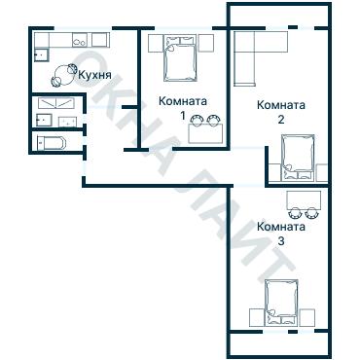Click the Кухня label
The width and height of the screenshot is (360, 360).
click(95, 75)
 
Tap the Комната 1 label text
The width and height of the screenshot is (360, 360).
click(183, 108)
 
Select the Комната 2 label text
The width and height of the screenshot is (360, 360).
click(281, 112)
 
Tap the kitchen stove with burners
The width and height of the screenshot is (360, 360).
click(80, 40)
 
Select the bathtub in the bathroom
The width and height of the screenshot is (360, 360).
click(52, 143)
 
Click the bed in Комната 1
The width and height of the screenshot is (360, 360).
click(180, 58)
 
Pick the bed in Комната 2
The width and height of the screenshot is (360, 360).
click(298, 157)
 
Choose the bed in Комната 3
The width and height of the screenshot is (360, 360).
click(281, 303)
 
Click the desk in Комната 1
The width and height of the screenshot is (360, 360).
click(205, 133)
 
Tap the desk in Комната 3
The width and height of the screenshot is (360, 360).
click(304, 200)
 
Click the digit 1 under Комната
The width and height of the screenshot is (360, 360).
click(183, 116)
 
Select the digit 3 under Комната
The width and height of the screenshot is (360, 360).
click(281, 241)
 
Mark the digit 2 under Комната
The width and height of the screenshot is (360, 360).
click(281, 120)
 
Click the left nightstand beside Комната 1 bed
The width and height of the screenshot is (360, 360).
click(156, 43)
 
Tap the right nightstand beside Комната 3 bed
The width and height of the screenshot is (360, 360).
click(307, 317)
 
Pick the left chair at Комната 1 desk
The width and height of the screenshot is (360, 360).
click(197, 120)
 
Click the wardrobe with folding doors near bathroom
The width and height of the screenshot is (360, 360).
click(56, 103)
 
